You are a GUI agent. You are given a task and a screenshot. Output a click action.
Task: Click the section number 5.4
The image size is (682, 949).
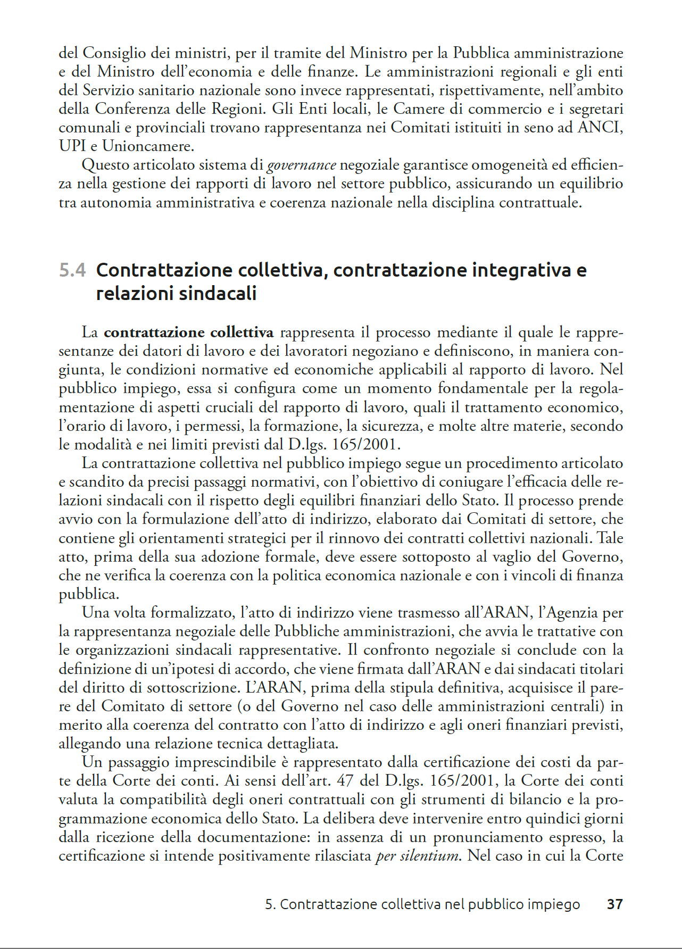(x=72, y=270)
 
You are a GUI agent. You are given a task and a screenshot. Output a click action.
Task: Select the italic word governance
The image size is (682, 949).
(x=301, y=165)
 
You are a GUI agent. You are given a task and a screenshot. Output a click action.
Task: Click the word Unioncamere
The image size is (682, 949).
(x=147, y=146)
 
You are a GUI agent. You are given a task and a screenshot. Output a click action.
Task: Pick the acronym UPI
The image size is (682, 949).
(x=72, y=146)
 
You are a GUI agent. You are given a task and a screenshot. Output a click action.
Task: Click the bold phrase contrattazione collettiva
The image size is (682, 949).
(x=188, y=332)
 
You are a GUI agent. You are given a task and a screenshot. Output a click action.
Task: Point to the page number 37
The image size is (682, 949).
(x=614, y=904)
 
